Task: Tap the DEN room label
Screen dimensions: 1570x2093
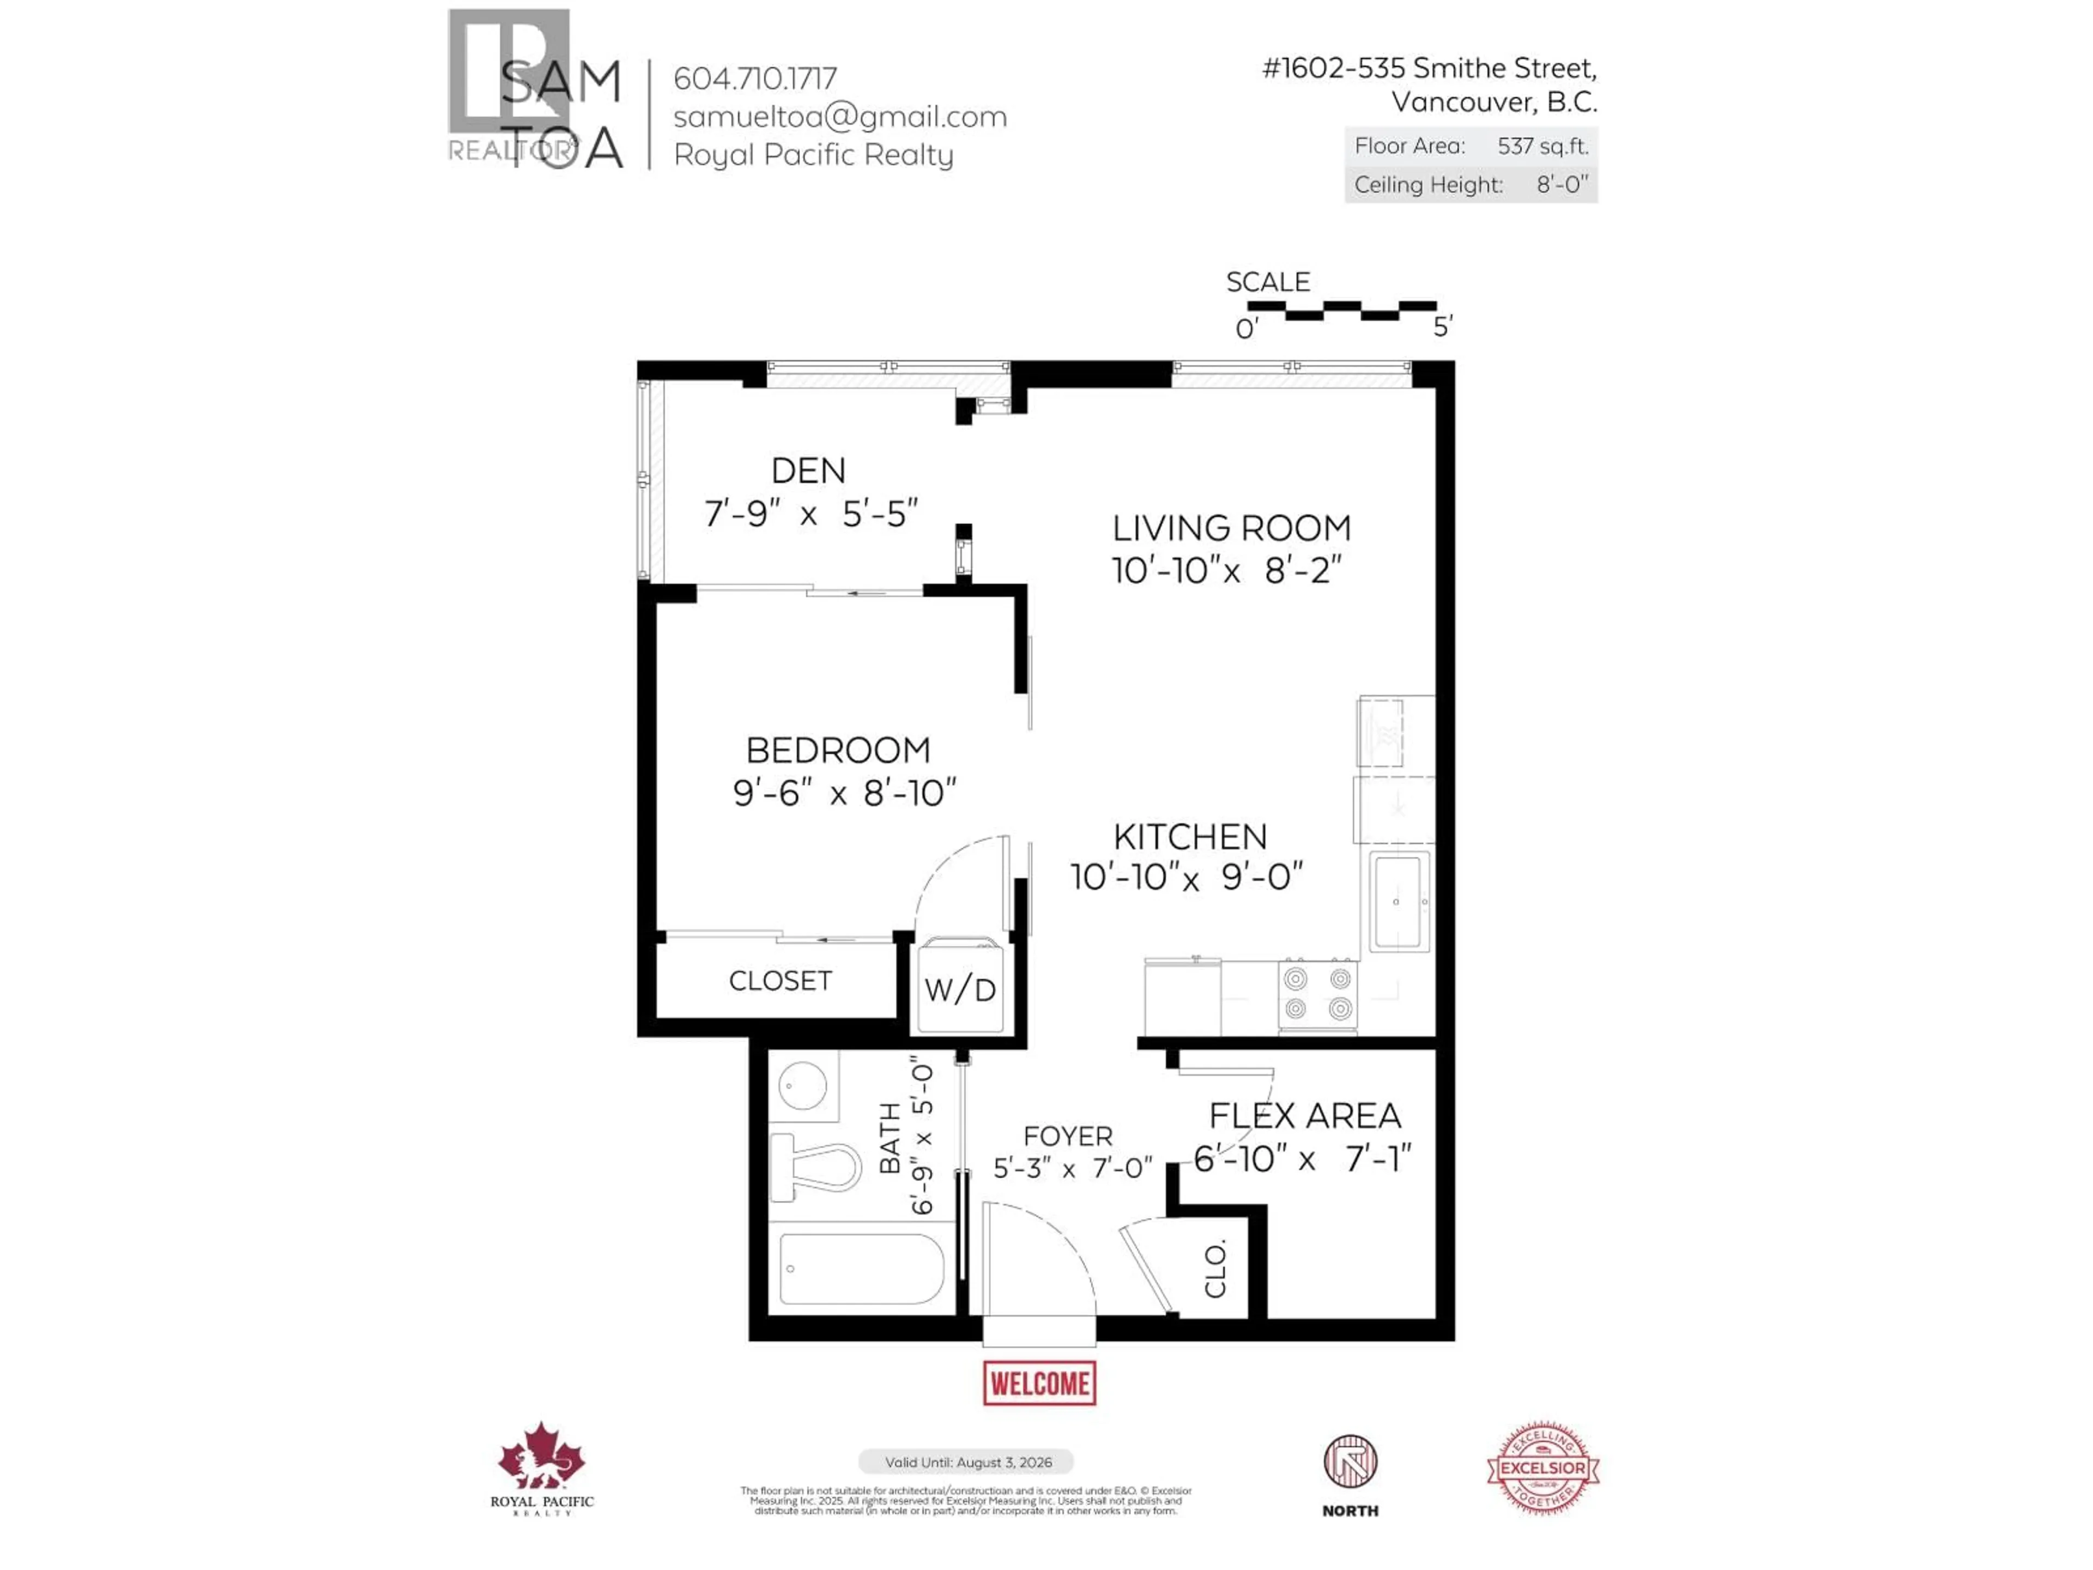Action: pos(808,470)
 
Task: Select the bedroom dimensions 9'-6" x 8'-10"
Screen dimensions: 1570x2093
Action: pos(844,793)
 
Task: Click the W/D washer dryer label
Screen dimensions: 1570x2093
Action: pos(960,990)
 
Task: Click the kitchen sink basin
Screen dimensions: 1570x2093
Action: pos(1396,901)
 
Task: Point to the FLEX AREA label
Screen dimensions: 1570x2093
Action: pos(1305,1116)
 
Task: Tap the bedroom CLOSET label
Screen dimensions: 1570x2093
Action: pos(779,980)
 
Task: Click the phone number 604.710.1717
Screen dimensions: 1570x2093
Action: pos(755,78)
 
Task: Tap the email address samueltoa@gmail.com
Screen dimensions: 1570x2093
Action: pos(839,117)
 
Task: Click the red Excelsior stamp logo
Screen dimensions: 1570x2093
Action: pos(1542,1468)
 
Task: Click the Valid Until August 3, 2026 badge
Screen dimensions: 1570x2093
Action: pos(966,1462)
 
